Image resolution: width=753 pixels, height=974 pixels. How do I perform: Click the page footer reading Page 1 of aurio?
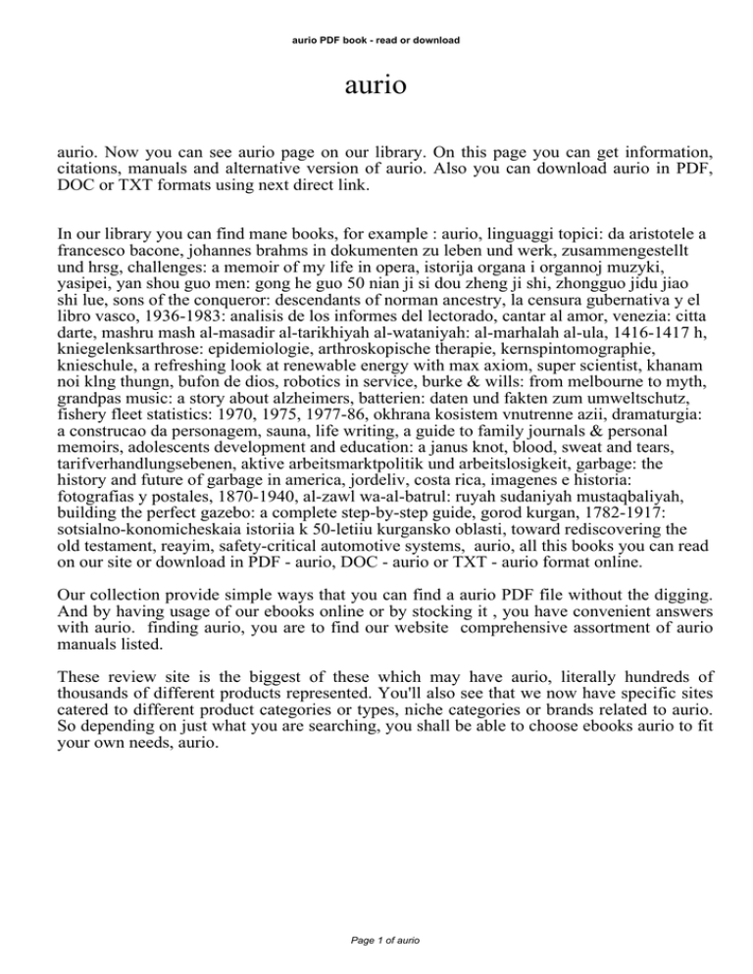(376, 940)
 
